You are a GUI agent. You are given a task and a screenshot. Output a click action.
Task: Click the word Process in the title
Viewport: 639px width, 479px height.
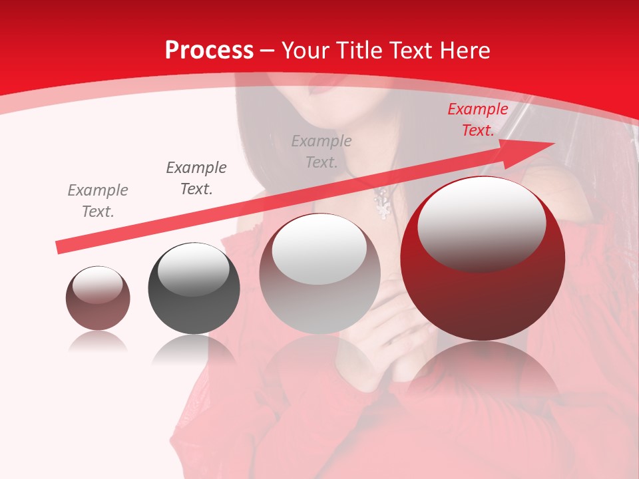point(209,51)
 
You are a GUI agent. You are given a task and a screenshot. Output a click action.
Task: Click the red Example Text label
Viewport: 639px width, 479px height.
point(477,120)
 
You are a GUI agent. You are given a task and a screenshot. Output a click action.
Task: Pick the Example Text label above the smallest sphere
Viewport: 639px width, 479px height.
point(97,201)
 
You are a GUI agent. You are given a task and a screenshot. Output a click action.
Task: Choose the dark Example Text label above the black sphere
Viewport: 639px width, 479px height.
point(196,178)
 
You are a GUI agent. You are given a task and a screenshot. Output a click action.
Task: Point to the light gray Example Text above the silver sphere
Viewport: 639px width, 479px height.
point(321,151)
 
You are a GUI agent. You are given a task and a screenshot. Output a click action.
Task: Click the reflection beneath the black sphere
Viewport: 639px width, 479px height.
point(194,349)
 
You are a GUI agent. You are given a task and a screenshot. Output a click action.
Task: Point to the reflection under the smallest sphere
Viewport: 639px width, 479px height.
point(98,341)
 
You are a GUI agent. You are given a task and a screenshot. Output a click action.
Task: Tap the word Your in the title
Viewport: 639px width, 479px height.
point(305,51)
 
